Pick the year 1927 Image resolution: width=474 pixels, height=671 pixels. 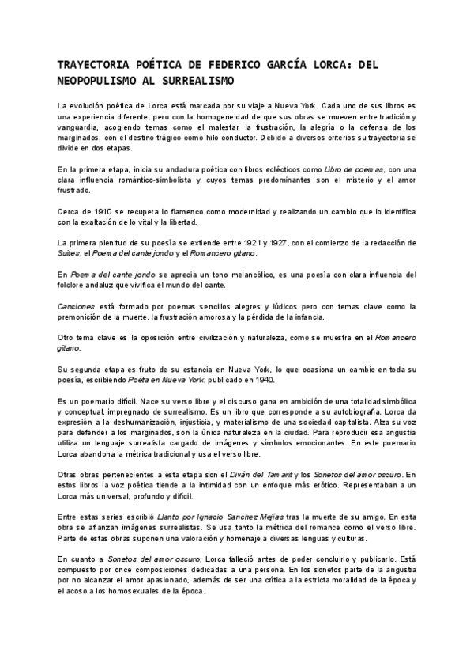coord(288,241)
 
